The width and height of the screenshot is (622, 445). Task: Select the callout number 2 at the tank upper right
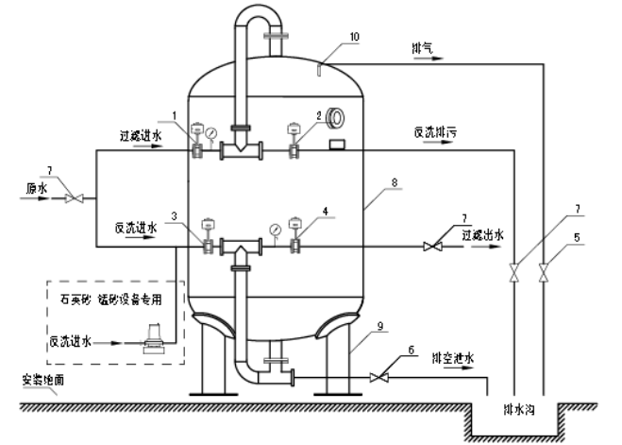pyautogui.click(x=319, y=115)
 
